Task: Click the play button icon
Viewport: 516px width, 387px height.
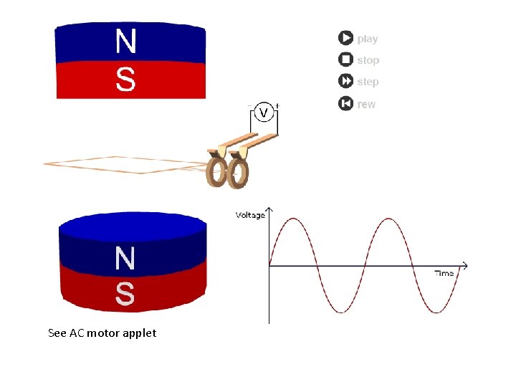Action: pyautogui.click(x=345, y=38)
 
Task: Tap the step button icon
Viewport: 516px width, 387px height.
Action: pyautogui.click(x=345, y=82)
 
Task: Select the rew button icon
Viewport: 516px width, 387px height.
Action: pyautogui.click(x=345, y=104)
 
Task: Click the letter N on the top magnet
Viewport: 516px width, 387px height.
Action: pyautogui.click(x=125, y=42)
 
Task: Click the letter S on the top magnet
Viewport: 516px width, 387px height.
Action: pyautogui.click(x=125, y=79)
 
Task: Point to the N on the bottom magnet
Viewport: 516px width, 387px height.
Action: pyautogui.click(x=125, y=259)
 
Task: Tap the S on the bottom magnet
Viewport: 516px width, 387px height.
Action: pyautogui.click(x=125, y=293)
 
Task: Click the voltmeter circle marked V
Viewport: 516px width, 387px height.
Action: pyautogui.click(x=263, y=113)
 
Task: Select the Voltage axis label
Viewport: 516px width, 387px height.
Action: pyautogui.click(x=250, y=215)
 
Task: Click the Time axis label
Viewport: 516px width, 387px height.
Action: pyautogui.click(x=444, y=274)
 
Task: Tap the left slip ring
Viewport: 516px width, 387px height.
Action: pyautogui.click(x=216, y=172)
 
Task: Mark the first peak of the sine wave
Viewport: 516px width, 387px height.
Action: pyautogui.click(x=292, y=219)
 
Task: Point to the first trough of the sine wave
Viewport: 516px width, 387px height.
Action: pyautogui.click(x=340, y=312)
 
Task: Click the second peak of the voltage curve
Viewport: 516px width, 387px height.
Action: pyautogui.click(x=388, y=219)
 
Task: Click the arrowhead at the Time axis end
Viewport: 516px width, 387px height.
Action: pyautogui.click(x=464, y=266)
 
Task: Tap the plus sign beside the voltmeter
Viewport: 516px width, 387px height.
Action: pyautogui.click(x=277, y=106)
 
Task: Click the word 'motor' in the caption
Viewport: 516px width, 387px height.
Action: pyautogui.click(x=103, y=333)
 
